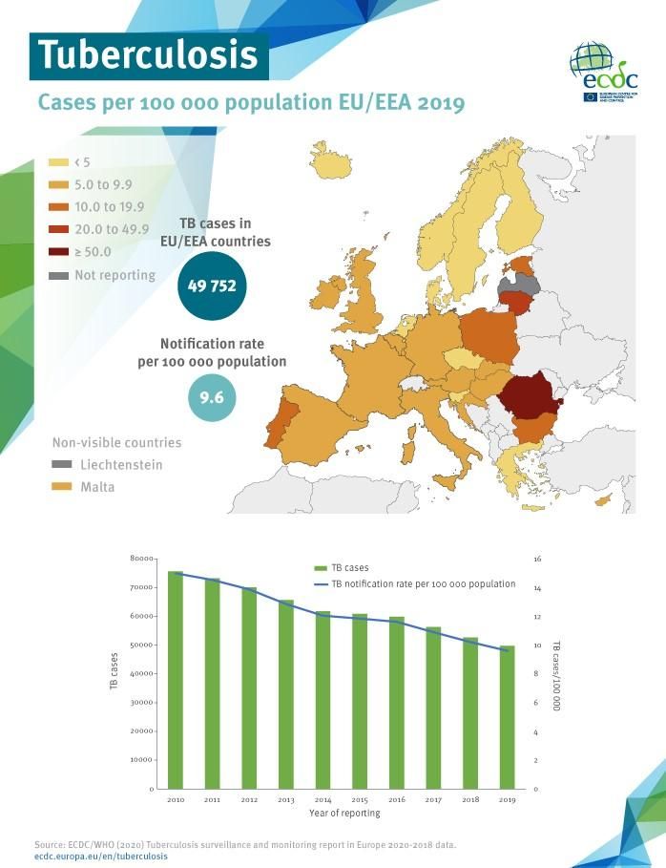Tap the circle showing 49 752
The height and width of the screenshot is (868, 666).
click(x=212, y=285)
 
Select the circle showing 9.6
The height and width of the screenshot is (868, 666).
click(x=212, y=398)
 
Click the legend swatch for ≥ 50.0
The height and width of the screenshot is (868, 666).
click(x=58, y=252)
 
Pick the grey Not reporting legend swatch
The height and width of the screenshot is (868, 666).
click(x=58, y=275)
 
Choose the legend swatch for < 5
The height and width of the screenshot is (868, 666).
click(x=58, y=162)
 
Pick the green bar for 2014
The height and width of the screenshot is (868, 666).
click(x=323, y=700)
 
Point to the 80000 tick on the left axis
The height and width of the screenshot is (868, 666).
click(x=141, y=558)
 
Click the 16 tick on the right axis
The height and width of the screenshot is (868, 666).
click(x=538, y=559)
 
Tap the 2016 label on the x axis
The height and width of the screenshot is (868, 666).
click(x=396, y=798)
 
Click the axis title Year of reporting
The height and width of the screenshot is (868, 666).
click(x=344, y=813)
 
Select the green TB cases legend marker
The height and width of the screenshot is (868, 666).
click(x=322, y=567)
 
